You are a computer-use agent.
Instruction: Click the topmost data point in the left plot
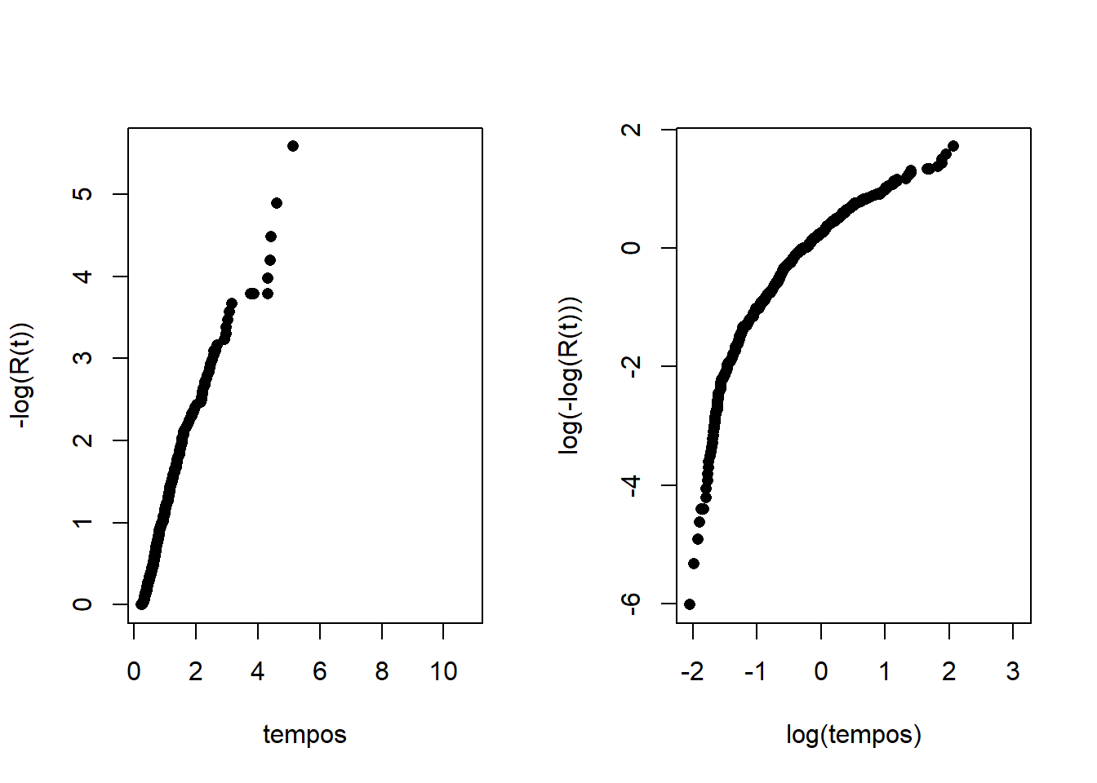[293, 146]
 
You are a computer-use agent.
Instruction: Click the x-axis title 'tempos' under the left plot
[304, 734]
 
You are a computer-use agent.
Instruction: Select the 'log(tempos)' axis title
[854, 734]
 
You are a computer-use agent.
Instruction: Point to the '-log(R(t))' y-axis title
[22, 376]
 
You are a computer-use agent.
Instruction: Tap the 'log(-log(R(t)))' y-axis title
[570, 376]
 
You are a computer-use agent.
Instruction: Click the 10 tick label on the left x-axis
[443, 671]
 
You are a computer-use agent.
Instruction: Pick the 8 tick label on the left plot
[381, 671]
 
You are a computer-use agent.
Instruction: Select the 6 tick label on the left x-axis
[319, 671]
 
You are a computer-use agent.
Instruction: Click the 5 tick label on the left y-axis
[82, 194]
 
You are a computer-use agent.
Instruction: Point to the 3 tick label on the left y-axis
[82, 358]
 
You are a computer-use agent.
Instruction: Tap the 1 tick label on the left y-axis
[82, 522]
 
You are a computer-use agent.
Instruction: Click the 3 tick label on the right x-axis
[1013, 671]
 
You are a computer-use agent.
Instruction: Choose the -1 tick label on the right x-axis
[755, 671]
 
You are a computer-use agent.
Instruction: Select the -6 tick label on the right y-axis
[631, 604]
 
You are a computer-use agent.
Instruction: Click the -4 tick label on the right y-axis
[631, 485]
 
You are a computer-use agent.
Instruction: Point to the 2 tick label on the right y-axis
[631, 130]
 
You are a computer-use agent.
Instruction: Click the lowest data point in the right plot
[690, 604]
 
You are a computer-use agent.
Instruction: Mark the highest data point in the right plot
[953, 146]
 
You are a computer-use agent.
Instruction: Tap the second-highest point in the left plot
[277, 203]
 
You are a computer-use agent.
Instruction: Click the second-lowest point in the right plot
[694, 564]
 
